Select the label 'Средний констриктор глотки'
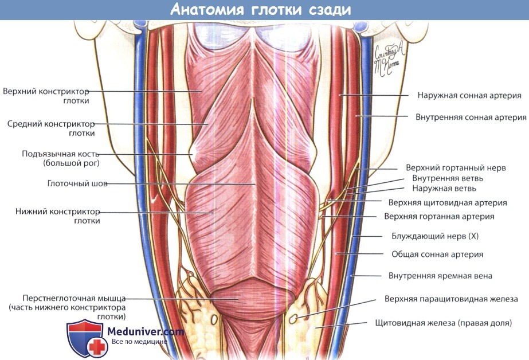click(51, 128)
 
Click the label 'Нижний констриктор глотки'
click(58, 216)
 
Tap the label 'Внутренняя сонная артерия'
click(471, 117)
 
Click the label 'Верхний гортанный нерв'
click(456, 168)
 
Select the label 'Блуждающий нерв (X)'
click(434, 236)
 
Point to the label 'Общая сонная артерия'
click(437, 254)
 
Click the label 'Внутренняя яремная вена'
click(440, 276)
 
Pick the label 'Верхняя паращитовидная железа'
click(447, 299)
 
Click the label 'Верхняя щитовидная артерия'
click(447, 202)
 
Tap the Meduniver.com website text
click(146, 331)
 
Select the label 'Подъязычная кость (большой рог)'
click(61, 159)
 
